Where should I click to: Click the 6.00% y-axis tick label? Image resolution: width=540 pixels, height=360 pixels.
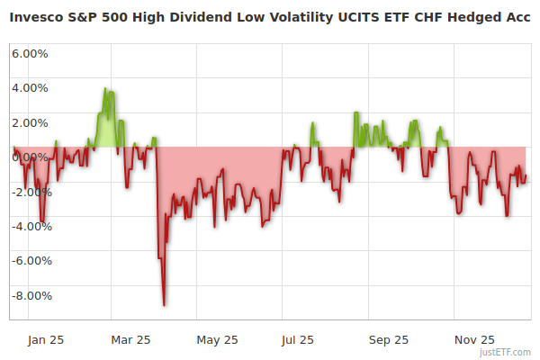coord(30,53)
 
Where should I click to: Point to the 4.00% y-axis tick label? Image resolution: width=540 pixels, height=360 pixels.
coord(30,88)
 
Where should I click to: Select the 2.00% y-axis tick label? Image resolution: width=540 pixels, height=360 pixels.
coord(30,122)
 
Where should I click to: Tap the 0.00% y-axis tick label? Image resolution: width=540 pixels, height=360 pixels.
coord(30,157)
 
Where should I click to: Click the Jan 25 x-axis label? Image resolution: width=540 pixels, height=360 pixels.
coord(45,340)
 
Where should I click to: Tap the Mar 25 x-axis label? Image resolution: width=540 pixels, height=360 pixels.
coord(130,340)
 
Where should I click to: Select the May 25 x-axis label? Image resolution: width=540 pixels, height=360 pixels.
coord(217,340)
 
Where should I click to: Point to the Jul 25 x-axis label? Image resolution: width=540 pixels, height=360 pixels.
coord(298,340)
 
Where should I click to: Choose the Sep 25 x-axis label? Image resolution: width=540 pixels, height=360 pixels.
coord(388,340)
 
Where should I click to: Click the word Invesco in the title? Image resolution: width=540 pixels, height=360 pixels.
coord(39,17)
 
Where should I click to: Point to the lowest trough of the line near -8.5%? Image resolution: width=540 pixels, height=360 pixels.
coord(164,305)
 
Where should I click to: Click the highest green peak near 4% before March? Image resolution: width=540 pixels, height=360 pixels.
coord(105,89)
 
